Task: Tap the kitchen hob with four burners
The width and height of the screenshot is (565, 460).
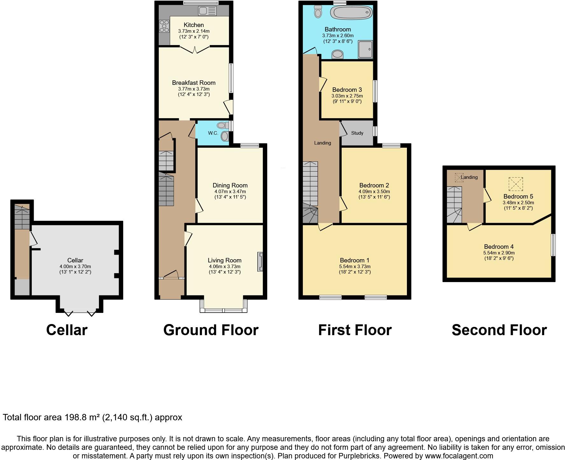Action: [x=164, y=26]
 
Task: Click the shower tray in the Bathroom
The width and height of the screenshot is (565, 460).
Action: [x=365, y=50]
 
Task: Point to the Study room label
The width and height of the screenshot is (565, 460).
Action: [x=357, y=133]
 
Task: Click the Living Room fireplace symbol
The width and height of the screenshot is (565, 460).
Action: [x=260, y=262]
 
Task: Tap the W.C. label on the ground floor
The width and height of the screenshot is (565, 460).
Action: [x=213, y=133]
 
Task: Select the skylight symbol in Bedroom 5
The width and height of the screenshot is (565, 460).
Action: [x=515, y=184]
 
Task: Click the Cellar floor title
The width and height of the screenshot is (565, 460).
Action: [x=66, y=330]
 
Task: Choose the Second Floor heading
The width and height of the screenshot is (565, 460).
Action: [x=499, y=330]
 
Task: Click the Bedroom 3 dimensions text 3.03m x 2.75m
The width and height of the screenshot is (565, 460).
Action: [x=347, y=96]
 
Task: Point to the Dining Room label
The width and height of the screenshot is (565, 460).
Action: [x=230, y=185]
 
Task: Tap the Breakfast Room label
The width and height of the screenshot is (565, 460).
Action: [x=193, y=83]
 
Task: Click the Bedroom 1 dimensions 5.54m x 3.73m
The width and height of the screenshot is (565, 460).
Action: [x=355, y=267]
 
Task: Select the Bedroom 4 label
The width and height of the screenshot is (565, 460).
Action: [x=499, y=247]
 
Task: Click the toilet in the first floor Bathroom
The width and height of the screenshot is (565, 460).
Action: [x=318, y=11]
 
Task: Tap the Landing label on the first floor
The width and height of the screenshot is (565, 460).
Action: [x=322, y=143]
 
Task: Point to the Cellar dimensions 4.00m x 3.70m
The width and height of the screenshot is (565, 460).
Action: [x=75, y=267]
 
